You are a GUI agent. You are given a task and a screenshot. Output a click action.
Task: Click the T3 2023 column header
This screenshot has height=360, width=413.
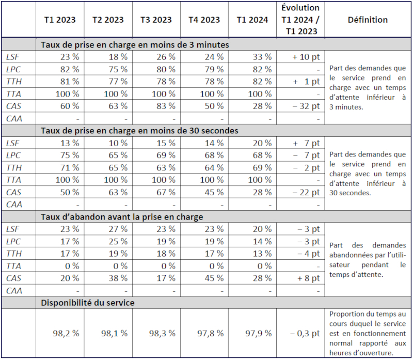click(x=156, y=20)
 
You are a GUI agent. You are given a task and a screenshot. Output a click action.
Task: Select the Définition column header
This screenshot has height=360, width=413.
click(x=368, y=20)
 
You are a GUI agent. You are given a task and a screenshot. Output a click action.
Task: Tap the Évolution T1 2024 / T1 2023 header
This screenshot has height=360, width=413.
click(x=301, y=20)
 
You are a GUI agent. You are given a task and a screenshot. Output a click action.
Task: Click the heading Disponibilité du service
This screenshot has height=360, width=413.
click(x=88, y=303)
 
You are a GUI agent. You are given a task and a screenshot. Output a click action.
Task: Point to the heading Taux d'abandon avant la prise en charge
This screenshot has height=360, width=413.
click(x=122, y=217)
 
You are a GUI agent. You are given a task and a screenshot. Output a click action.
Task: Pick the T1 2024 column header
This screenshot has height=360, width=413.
click(x=252, y=20)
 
